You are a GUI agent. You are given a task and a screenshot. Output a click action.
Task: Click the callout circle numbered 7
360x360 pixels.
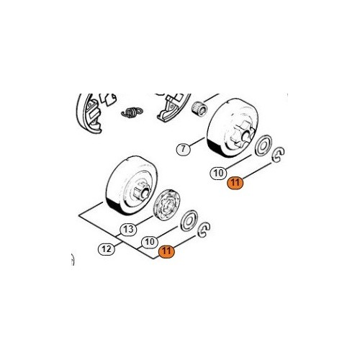point(184,149)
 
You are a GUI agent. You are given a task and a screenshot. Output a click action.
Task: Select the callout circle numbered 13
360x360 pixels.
point(128,230)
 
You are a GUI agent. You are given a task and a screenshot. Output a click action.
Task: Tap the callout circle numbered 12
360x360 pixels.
point(107,249)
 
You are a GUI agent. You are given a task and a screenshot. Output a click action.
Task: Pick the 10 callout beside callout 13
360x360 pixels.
point(150,242)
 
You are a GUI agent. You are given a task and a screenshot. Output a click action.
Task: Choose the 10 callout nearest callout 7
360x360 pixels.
point(218,173)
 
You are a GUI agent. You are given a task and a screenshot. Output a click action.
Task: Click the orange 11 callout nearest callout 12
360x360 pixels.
point(166,251)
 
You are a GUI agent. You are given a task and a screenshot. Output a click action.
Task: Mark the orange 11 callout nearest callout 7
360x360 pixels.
point(235,183)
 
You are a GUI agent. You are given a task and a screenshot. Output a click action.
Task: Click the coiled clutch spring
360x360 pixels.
point(132,112)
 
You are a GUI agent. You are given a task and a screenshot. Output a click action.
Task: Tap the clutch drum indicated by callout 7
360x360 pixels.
point(233,128)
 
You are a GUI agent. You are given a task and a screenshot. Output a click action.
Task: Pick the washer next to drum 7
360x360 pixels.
point(264,145)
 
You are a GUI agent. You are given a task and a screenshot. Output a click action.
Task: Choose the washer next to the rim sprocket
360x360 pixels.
point(189,220)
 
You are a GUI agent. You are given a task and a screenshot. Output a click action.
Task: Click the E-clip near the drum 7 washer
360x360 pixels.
point(278,155)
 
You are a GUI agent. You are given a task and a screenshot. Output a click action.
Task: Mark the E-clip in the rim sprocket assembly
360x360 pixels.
point(204,230)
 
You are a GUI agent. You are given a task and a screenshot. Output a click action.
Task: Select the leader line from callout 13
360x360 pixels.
point(144,221)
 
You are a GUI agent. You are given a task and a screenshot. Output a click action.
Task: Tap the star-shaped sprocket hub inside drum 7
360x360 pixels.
point(243,134)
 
